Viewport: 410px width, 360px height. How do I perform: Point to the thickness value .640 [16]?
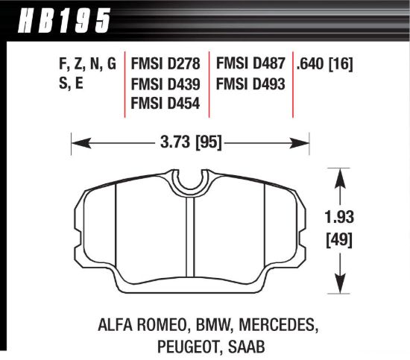click(324, 65)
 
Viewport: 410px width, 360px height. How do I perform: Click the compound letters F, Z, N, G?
click(86, 65)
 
